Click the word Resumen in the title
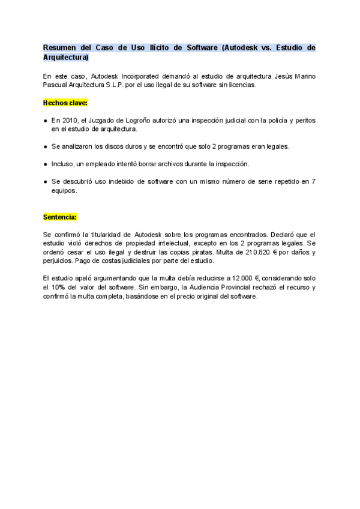pyautogui.click(x=59, y=47)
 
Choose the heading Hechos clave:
pyautogui.click(x=65, y=103)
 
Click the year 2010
pyautogui.click(x=70, y=121)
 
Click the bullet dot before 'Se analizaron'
pyautogui.click(x=46, y=146)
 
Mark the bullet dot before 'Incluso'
pyautogui.click(x=46, y=164)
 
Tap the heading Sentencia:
pyautogui.click(x=60, y=217)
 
